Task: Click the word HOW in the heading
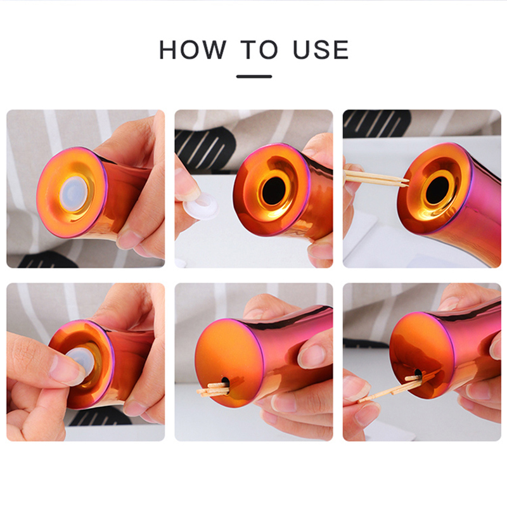coord(193,49)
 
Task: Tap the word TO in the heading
coord(259,49)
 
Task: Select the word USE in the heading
coord(321,49)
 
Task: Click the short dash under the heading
coord(254,77)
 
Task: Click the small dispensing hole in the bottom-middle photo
coord(226,384)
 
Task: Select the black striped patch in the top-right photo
coord(376,124)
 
